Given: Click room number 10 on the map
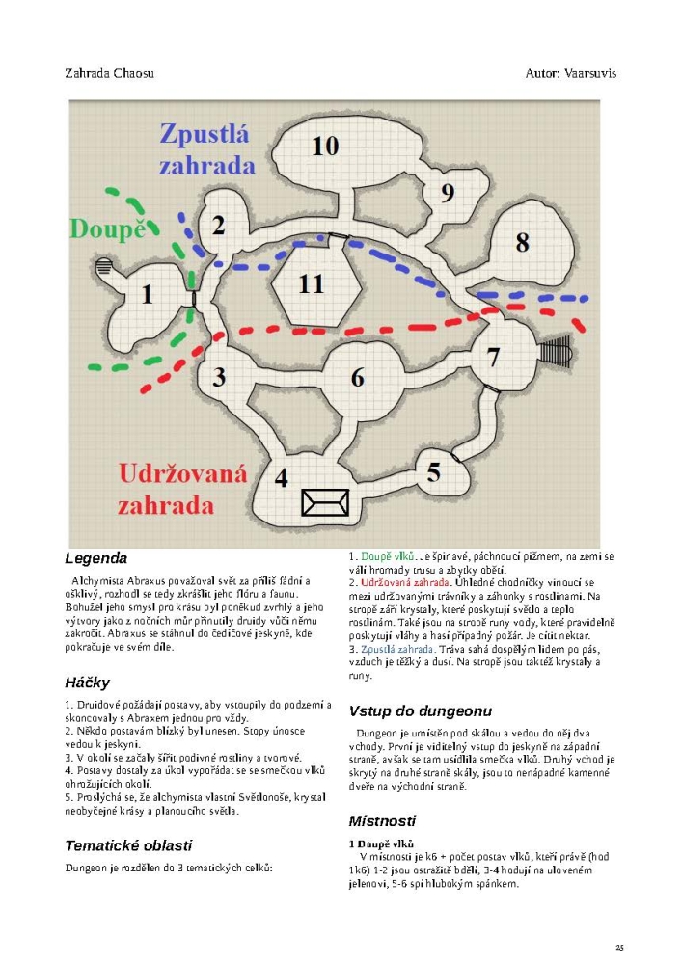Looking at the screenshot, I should coord(325,146).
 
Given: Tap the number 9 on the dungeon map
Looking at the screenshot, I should coord(447,193).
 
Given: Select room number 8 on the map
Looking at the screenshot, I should coord(522,242).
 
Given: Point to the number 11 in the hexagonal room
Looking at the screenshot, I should coord(311,284).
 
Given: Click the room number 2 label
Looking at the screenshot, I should coord(219,226).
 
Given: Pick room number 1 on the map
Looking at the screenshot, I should coord(148,294).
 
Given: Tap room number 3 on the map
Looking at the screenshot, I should coord(219,376).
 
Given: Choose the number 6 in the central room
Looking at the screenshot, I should coord(358,377).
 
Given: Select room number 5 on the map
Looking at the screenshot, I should coord(433,472).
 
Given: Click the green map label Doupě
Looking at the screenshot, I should coord(113,229).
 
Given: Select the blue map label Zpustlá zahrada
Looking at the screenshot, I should coord(206,148).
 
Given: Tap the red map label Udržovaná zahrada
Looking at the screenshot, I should coord(183,489).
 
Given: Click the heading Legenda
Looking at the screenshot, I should coord(95,558).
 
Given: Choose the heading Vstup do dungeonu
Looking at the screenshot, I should coord(420,711).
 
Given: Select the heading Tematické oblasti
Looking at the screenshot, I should coord(128,845).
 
